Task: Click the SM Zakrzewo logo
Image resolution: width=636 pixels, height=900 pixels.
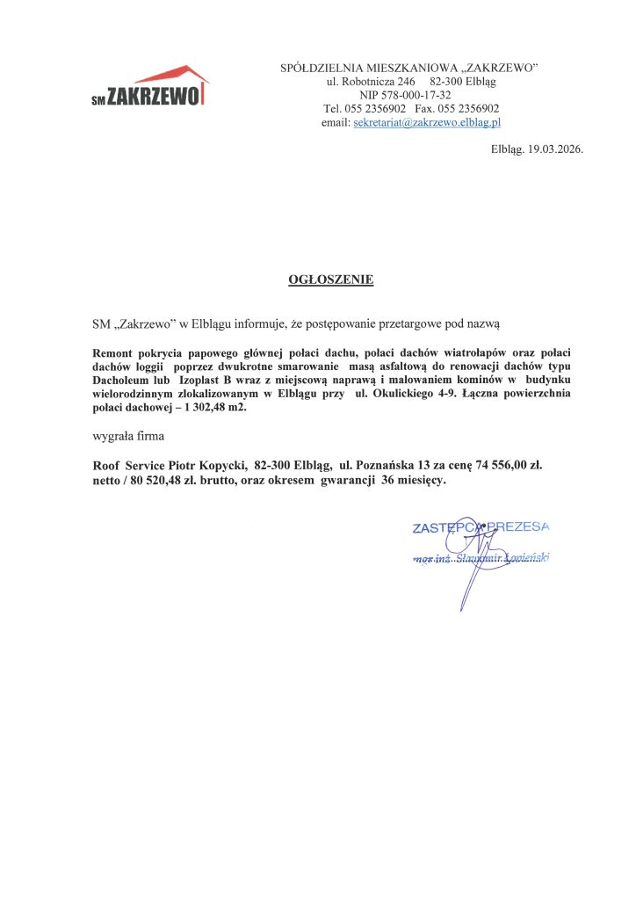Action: coord(150,87)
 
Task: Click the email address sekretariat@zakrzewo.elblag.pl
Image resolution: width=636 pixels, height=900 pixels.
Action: coord(426,123)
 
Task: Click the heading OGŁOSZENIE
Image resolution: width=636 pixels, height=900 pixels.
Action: coord(330,280)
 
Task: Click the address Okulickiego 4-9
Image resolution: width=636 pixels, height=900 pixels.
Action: coord(424,393)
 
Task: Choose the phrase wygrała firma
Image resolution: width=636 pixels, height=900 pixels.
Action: coord(128,436)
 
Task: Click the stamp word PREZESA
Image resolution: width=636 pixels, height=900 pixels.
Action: coord(519,526)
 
